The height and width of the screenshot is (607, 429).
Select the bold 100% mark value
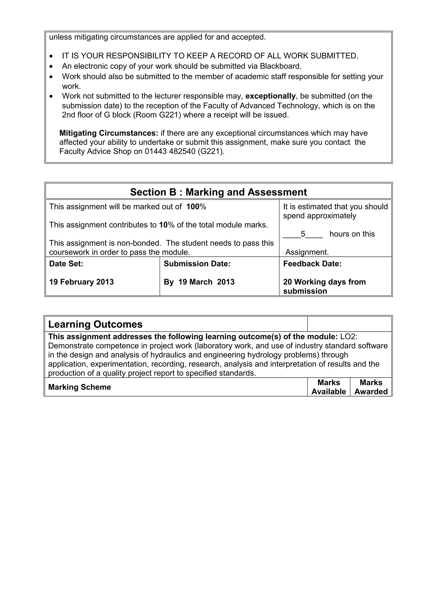tap(196, 207)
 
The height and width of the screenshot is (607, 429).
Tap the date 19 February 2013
tap(81, 282)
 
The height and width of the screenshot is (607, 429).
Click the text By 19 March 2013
tap(199, 282)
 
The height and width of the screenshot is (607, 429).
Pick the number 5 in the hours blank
tap(303, 234)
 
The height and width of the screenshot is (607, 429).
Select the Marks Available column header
tap(328, 387)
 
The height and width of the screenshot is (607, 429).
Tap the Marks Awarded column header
tap(371, 387)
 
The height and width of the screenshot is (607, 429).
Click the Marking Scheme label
tap(79, 387)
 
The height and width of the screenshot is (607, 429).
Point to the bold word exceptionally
tap(270, 96)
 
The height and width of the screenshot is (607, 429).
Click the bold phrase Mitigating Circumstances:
tap(109, 133)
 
